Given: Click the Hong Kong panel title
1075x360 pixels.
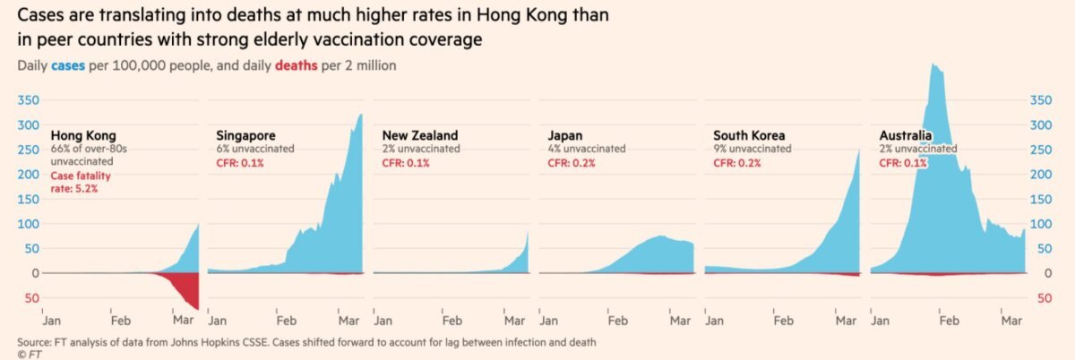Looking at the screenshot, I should click(x=83, y=136).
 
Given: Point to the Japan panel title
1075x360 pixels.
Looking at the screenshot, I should click(x=566, y=136).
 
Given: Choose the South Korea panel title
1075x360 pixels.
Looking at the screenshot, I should click(x=751, y=136).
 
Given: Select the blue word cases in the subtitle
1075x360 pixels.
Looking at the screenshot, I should click(x=68, y=65).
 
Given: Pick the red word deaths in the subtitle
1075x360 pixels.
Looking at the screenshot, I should click(x=296, y=65).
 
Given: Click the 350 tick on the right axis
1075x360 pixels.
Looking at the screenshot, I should click(x=1042, y=100).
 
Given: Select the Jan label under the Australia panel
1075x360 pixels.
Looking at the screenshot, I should click(x=880, y=319).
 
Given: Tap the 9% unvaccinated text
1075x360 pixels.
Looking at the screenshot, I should click(x=752, y=150).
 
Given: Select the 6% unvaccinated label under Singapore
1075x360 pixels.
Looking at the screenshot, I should click(x=254, y=150).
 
